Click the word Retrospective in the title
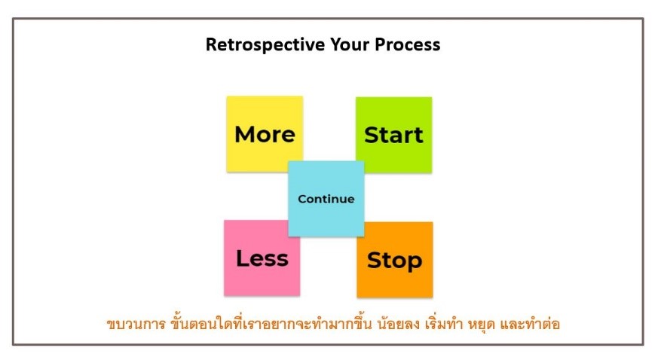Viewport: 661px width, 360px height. pos(265,44)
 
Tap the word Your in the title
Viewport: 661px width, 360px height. pos(350,44)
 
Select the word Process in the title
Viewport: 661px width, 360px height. pos(407,44)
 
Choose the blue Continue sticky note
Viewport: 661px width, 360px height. pos(326,198)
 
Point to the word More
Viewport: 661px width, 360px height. pos(265,134)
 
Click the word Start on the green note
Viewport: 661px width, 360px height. pos(393,135)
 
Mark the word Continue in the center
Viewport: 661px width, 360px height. pos(326,199)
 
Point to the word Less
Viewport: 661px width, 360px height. pos(262,258)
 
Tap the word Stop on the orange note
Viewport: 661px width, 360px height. pos(395,261)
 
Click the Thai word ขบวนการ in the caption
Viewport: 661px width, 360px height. pos(136,324)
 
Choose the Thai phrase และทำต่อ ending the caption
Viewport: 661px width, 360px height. pos(530,323)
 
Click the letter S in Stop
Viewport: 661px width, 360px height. pos(374,261)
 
